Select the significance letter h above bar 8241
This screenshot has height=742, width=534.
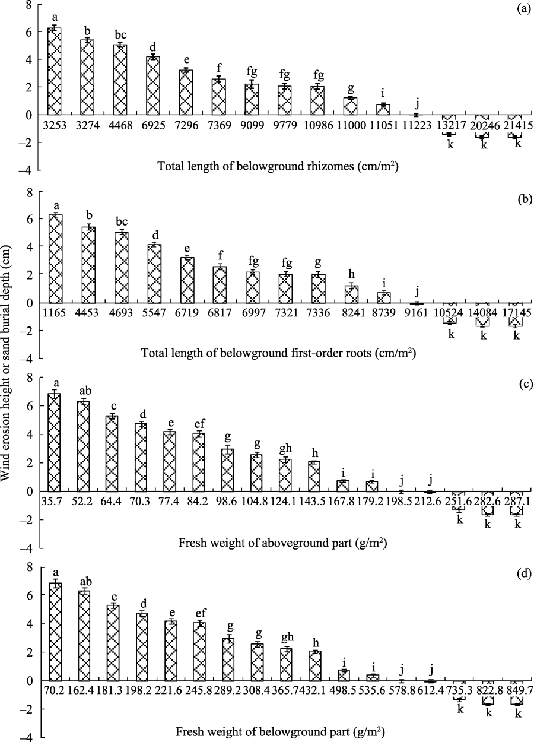point(351,274)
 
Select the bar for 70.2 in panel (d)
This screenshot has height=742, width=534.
point(55,632)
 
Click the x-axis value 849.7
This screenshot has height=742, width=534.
point(517,693)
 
